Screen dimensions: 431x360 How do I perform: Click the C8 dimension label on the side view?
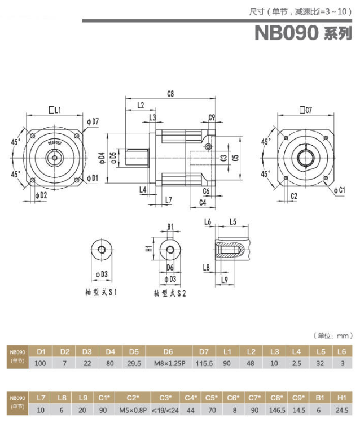tap(170, 93)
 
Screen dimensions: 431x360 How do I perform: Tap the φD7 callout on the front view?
tap(93, 121)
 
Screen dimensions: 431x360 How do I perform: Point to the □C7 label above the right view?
tap(306, 110)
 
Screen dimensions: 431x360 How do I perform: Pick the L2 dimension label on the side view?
tap(141, 105)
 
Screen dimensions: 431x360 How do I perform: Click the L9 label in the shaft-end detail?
tap(224, 280)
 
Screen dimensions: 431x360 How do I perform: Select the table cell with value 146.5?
tap(276, 410)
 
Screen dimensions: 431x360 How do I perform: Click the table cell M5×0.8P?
tap(133, 410)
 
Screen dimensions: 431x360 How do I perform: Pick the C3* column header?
tap(165, 398)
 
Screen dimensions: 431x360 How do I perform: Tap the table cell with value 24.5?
tap(341, 410)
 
